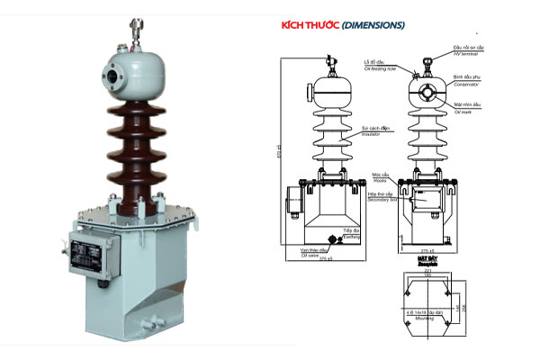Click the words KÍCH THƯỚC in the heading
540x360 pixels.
pyautogui.click(x=311, y=25)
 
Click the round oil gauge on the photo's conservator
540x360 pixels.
pyautogui.click(x=114, y=73)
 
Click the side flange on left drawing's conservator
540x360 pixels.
pyautogui.click(x=310, y=93)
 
